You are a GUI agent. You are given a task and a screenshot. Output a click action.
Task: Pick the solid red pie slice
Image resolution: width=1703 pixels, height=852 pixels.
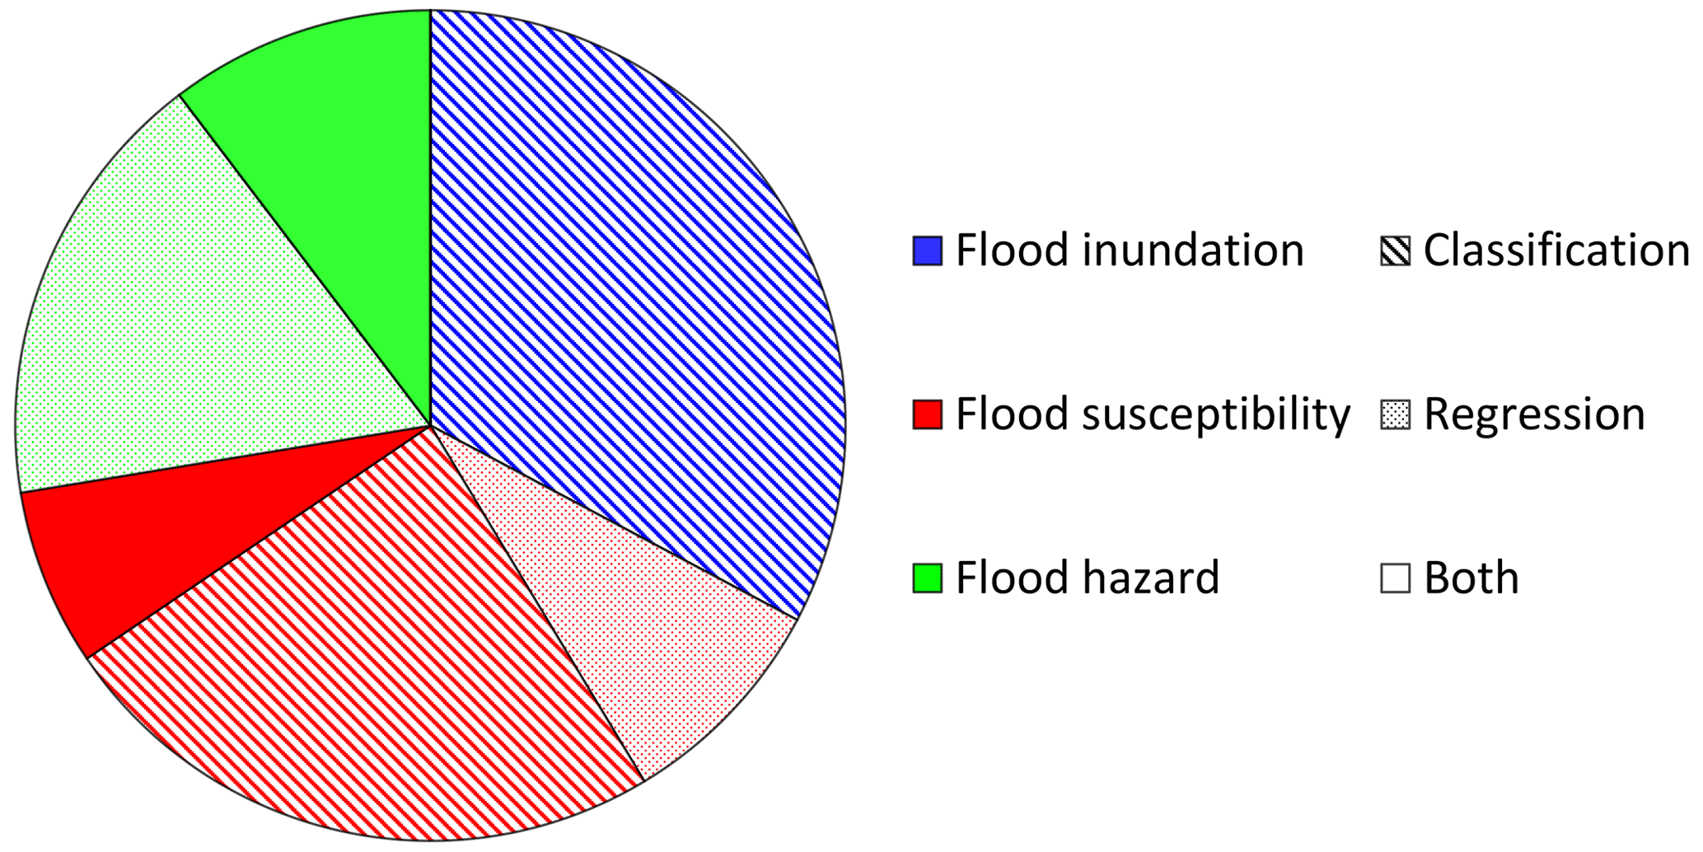pos(165,527)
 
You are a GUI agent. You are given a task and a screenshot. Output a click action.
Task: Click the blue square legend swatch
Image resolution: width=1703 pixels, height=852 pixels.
pos(927,251)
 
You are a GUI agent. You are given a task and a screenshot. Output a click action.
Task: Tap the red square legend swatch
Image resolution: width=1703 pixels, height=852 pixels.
pos(927,414)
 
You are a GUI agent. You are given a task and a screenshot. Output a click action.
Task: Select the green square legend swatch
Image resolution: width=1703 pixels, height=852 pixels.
pos(927,578)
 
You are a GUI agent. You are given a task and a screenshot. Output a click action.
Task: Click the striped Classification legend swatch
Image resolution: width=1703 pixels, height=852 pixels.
pos(1395,251)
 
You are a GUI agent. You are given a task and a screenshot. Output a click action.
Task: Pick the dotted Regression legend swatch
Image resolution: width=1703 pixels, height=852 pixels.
pos(1395,414)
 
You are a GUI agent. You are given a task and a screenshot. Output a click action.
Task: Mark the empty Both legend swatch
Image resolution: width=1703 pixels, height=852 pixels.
pos(1395,578)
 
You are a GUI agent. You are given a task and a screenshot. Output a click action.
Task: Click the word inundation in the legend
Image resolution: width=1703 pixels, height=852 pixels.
pos(1193,250)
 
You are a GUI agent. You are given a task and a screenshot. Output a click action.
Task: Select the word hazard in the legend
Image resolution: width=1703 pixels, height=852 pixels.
pos(1151,576)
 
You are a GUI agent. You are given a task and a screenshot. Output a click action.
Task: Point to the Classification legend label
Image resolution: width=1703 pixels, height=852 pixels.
pos(1557,250)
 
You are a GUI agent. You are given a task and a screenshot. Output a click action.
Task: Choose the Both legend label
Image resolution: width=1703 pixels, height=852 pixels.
pos(1471,576)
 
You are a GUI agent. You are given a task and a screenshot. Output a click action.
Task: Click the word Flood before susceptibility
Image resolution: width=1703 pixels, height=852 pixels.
pos(1013,413)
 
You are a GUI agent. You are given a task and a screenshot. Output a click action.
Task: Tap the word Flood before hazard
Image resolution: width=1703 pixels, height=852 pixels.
pos(1013,576)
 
